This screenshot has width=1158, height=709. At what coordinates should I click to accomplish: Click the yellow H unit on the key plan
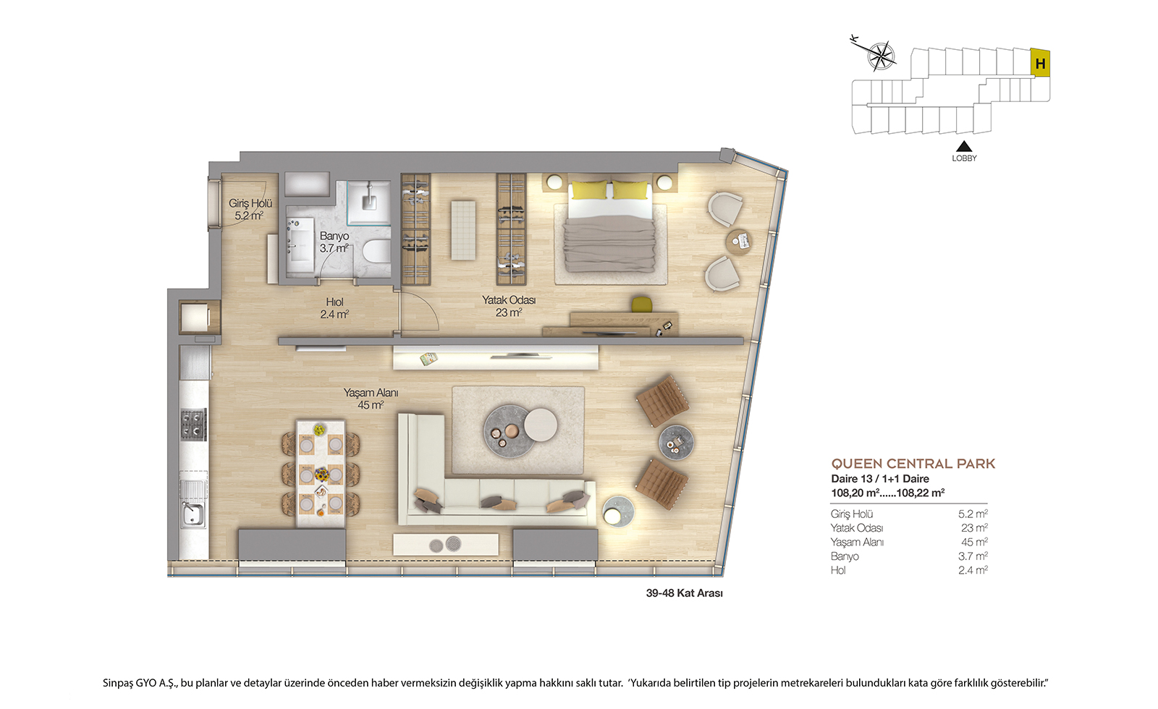point(1039,62)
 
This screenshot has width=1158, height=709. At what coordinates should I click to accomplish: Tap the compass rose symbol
point(881,55)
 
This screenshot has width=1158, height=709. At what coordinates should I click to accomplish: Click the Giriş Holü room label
point(250,209)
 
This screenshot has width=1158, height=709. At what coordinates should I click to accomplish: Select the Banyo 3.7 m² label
point(334,242)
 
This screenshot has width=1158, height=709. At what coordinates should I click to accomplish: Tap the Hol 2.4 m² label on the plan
point(334,308)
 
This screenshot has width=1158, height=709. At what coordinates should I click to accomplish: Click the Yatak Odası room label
point(509,306)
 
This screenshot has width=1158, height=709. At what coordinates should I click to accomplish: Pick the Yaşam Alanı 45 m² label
point(371,399)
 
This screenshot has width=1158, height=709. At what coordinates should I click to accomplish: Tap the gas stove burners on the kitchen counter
point(193,424)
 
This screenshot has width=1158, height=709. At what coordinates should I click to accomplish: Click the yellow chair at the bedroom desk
point(641,304)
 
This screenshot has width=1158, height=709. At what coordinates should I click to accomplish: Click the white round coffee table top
point(541,425)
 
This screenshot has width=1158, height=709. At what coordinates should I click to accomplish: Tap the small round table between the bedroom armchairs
point(739,242)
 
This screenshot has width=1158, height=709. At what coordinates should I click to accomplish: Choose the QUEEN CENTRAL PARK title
point(913,464)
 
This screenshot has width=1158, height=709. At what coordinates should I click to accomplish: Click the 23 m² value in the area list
point(974,527)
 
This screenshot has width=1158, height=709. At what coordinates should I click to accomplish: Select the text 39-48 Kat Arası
point(685,593)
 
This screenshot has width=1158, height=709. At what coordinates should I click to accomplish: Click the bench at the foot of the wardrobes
point(463,231)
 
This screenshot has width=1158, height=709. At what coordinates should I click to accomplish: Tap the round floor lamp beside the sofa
point(617,511)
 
